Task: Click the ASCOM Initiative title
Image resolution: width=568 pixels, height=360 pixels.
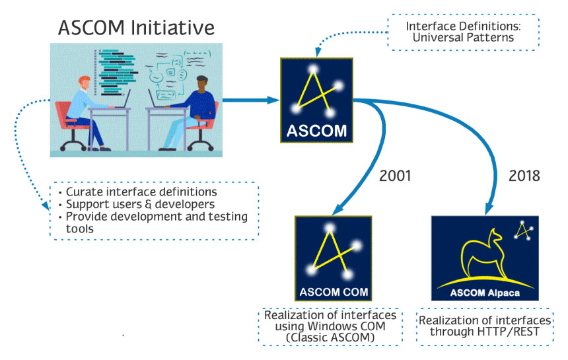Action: pyautogui.click(x=136, y=28)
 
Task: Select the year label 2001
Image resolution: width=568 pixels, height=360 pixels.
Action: pyautogui.click(x=396, y=176)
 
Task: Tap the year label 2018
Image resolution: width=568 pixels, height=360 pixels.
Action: pyautogui.click(x=524, y=176)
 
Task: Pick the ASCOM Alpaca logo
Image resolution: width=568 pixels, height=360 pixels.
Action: pyautogui.click(x=484, y=258)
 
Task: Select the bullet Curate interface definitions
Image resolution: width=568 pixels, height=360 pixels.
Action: pyautogui.click(x=141, y=192)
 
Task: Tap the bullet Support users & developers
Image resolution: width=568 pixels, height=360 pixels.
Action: pyautogui.click(x=140, y=204)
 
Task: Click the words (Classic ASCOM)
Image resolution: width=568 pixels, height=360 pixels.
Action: pyautogui.click(x=331, y=337)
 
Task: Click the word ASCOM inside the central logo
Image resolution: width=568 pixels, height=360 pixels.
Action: pyautogui.click(x=316, y=131)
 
